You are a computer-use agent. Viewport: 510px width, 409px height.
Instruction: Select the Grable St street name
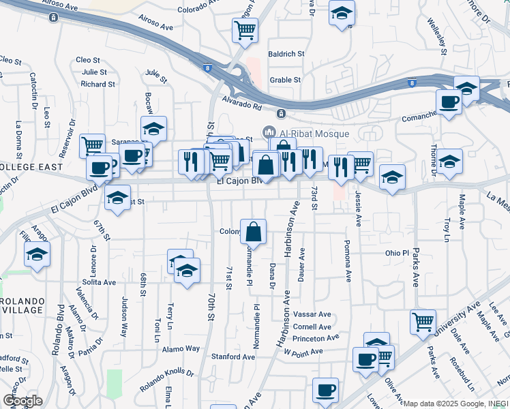click(285, 80)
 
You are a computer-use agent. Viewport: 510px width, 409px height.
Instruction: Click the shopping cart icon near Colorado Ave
click(244, 30)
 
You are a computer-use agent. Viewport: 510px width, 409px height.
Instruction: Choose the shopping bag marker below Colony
click(253, 232)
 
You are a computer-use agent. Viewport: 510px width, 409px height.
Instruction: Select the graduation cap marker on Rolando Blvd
click(37, 256)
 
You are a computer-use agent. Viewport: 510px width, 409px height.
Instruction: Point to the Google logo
click(22, 401)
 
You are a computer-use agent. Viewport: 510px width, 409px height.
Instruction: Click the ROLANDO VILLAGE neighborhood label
click(22, 306)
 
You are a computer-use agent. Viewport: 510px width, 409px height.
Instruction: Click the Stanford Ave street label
click(233, 357)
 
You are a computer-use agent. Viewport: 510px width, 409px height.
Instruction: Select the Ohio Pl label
click(396, 252)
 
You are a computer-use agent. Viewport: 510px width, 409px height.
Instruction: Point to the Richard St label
click(97, 84)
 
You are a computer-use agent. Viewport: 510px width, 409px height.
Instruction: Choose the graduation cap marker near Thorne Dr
click(449, 162)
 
